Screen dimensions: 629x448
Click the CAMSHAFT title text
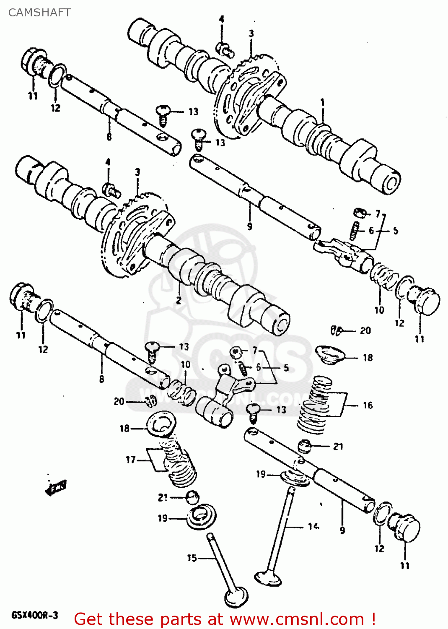(39, 13)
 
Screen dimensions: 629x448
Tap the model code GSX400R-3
(35, 615)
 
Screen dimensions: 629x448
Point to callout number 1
(322, 102)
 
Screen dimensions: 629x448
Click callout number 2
(179, 300)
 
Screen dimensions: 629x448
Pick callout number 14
(313, 526)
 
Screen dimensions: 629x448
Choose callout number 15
(192, 558)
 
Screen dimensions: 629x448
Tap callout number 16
(368, 405)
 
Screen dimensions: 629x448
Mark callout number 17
(130, 460)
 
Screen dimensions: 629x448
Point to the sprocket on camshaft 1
(247, 96)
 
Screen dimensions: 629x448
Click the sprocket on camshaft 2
(134, 235)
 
